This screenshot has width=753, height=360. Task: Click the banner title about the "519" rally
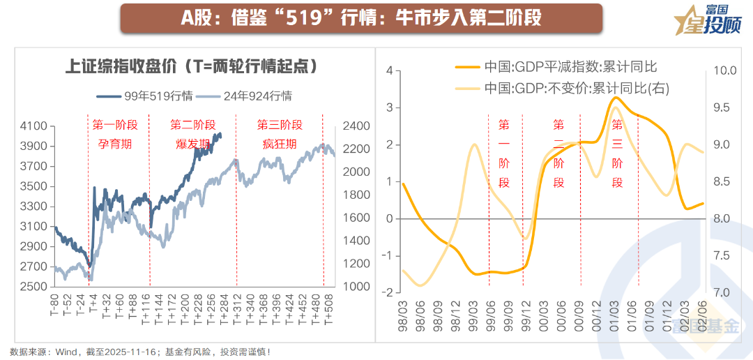click(361, 18)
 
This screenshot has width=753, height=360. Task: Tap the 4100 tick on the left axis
click(35, 126)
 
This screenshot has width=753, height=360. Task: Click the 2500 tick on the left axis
click(35, 287)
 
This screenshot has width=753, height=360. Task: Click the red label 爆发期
click(193, 144)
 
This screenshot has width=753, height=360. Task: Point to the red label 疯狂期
click(280, 144)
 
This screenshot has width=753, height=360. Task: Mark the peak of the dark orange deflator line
click(614, 98)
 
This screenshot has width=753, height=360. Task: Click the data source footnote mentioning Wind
click(139, 352)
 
